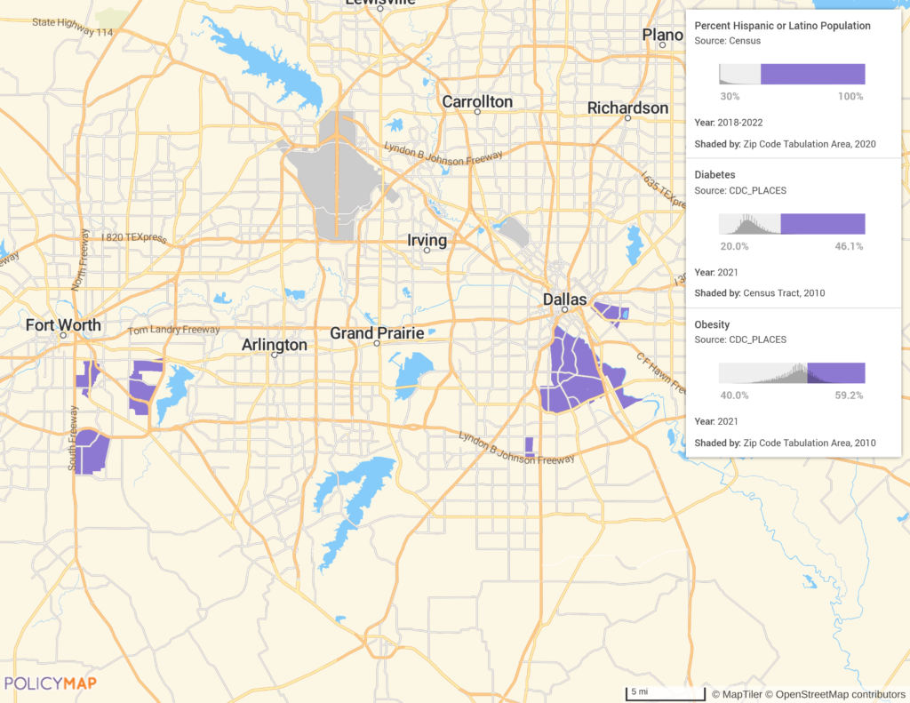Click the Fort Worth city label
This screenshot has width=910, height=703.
coord(63,325)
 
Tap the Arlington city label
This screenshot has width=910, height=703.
coord(275,345)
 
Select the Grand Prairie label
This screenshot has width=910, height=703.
coord(377,333)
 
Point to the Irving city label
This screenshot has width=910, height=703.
coord(427,241)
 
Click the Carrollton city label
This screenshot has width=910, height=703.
coord(477,102)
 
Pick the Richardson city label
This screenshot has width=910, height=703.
coord(627,108)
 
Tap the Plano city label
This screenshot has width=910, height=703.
coord(663,36)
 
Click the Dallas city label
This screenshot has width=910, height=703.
coord(565,300)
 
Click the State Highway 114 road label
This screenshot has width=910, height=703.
coord(73,27)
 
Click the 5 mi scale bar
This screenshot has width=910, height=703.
coord(653,692)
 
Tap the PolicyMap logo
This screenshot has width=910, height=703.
coord(51,683)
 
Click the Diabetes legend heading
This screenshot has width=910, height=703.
coord(714,175)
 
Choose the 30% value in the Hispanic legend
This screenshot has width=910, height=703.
coord(730,96)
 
